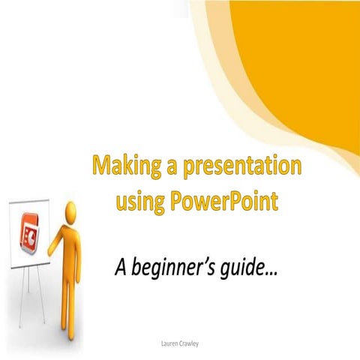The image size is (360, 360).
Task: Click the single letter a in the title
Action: (171, 166)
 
